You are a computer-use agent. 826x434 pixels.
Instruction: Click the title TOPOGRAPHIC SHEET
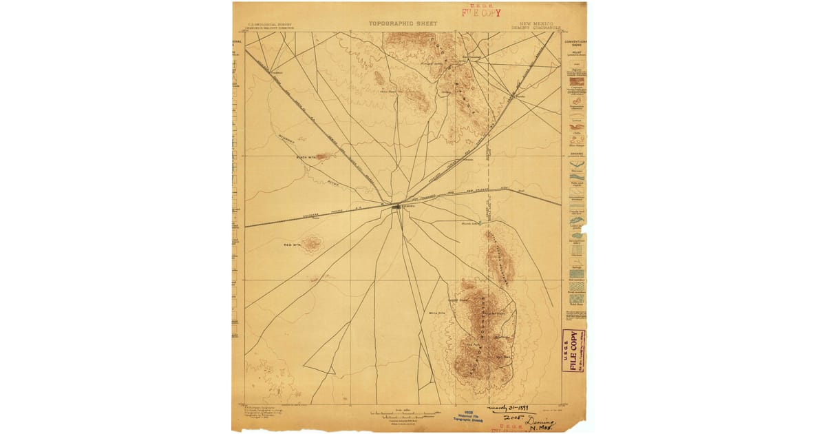pos(403,23)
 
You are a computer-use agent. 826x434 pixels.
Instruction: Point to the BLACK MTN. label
pos(305,157)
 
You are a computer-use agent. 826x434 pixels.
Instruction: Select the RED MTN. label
pos(293,245)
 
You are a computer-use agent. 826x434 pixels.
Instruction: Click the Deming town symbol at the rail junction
pos(399,205)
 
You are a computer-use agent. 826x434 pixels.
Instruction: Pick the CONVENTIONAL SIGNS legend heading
pos(575,45)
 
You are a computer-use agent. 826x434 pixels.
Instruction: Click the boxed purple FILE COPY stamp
pos(573,351)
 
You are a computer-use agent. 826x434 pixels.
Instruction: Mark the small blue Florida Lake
pos(474,223)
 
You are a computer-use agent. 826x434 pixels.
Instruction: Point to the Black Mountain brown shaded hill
pos(322,156)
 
